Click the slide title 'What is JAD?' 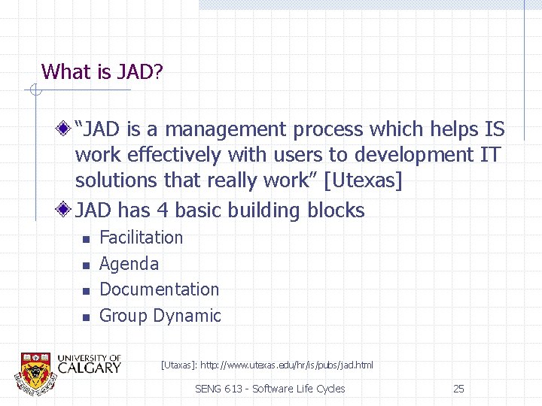tap(103, 72)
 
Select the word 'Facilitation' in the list tap(141, 238)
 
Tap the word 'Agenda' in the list tap(129, 264)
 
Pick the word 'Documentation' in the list tap(159, 289)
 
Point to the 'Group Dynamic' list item tap(160, 316)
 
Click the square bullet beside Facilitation tap(86, 239)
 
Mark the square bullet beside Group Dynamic tap(86, 317)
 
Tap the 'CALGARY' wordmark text tap(89, 368)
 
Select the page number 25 tap(458, 389)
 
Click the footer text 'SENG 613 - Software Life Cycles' tap(269, 389)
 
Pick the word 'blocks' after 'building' tap(336, 211)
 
